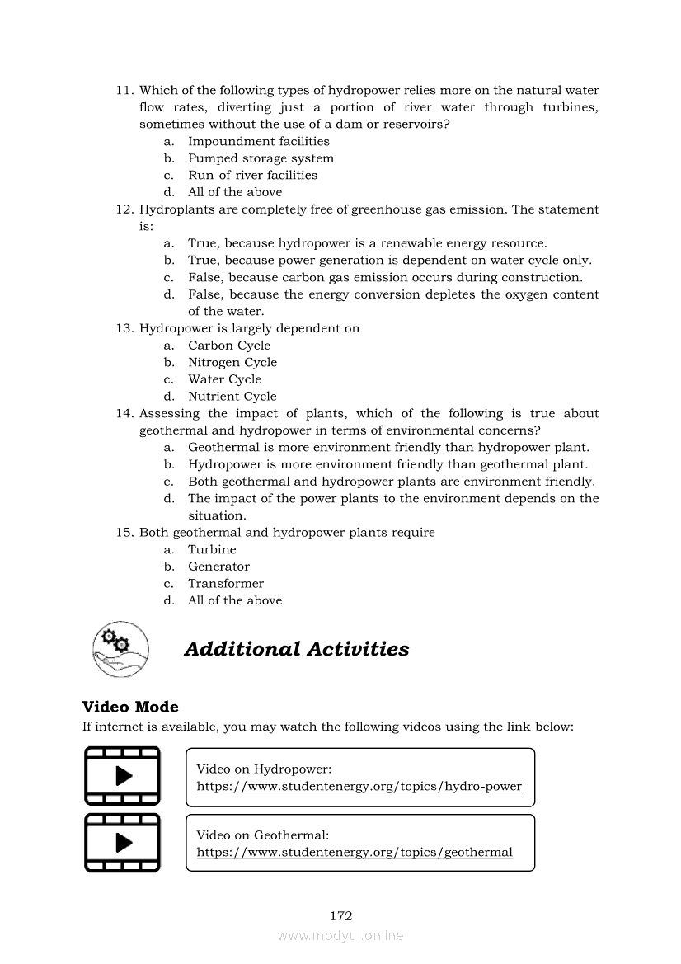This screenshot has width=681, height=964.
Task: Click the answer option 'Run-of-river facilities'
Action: click(252, 175)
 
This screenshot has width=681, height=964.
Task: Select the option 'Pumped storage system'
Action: click(261, 158)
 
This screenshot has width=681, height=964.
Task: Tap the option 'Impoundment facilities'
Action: click(258, 141)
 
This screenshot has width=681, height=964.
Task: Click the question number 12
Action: click(124, 209)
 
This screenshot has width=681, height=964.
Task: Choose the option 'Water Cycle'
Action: click(224, 379)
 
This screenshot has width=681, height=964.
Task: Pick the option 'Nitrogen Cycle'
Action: click(232, 362)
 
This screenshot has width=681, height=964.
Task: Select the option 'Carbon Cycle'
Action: click(229, 346)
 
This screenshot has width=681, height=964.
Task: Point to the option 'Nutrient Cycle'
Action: click(232, 396)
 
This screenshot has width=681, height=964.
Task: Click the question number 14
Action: click(124, 413)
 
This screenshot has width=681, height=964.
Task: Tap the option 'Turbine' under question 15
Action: click(212, 549)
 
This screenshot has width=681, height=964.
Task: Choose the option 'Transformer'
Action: click(226, 583)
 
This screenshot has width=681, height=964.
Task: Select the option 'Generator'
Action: click(218, 567)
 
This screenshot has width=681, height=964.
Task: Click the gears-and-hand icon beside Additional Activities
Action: click(121, 649)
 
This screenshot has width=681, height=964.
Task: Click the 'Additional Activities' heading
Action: click(296, 649)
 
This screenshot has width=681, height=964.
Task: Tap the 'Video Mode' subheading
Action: click(130, 707)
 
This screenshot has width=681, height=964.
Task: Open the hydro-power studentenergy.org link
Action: click(359, 786)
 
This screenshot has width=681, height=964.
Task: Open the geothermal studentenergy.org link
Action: click(355, 852)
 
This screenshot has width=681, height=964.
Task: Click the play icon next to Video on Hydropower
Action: click(123, 776)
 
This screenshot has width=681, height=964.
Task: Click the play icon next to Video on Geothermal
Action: click(123, 842)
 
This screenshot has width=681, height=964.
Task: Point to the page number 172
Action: click(340, 915)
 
